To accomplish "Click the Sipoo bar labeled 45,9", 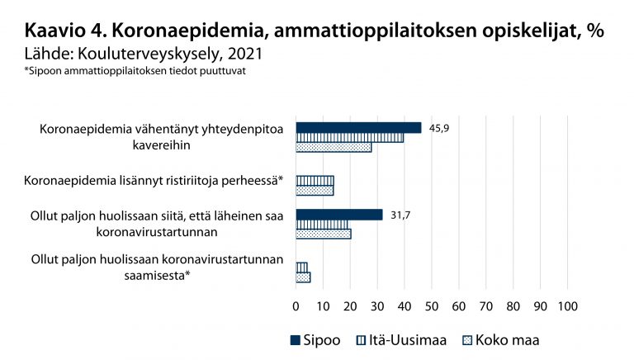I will pyautogui.click(x=358, y=127).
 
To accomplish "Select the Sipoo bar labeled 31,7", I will pyautogui.click(x=338, y=215).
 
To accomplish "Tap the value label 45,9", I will pyautogui.click(x=440, y=127).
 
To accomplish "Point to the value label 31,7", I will pyautogui.click(x=401, y=215).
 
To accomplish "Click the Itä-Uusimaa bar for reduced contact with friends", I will pyautogui.click(x=349, y=137).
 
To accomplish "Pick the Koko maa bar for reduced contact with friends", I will pyautogui.click(x=334, y=147).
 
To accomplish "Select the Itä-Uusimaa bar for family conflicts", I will pyautogui.click(x=315, y=180).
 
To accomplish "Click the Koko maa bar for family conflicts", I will pyautogui.click(x=315, y=190).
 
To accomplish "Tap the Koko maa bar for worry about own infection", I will pyautogui.click(x=303, y=277).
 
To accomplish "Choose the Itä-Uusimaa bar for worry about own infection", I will pyautogui.click(x=301, y=268).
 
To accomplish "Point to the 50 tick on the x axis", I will pyautogui.click(x=431, y=306).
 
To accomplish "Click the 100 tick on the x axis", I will pyautogui.click(x=567, y=306).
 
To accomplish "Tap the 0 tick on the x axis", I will pyautogui.click(x=296, y=306).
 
